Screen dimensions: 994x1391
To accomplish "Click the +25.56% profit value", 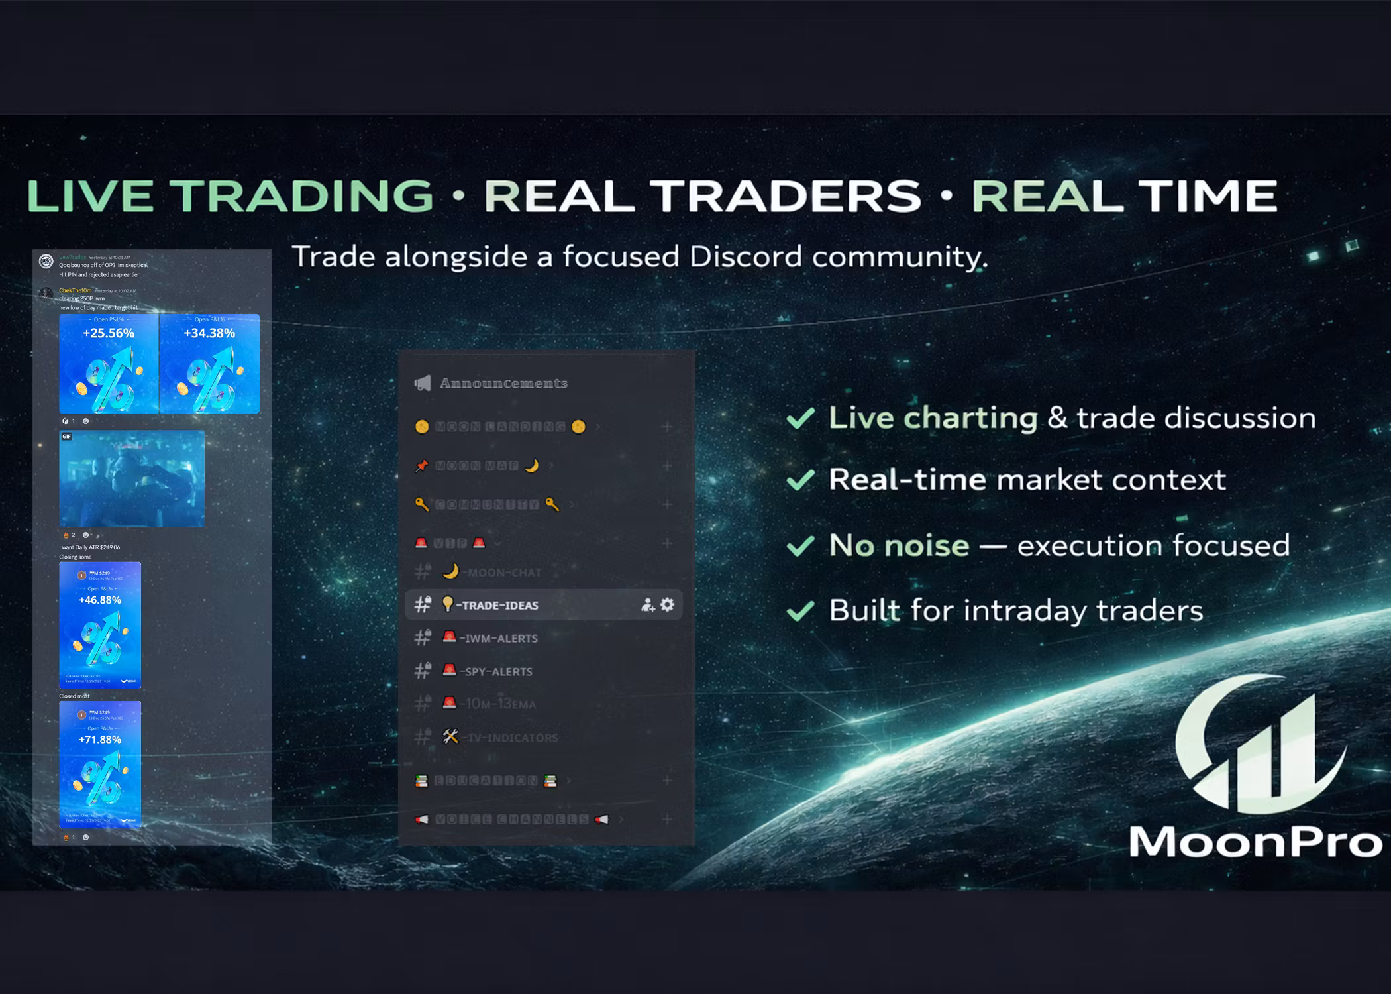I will pos(109,333).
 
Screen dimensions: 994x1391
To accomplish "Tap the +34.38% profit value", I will pos(209,333).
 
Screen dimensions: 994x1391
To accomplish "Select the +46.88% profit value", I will pos(100,600).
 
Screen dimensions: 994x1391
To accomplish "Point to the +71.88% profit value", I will pos(100,740).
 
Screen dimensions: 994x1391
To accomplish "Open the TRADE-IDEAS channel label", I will pos(500,606).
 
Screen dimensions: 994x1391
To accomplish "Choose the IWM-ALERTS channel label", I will pos(501,639).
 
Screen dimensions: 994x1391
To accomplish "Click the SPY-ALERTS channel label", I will pos(498,672).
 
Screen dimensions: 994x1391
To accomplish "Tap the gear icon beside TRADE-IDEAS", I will pos(668,604).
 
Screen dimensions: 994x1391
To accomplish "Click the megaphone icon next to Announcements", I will pos(423,383).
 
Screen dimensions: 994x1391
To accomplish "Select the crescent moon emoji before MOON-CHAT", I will pos(450,571).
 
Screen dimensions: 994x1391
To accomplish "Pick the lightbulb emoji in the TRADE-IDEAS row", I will pos(448,604).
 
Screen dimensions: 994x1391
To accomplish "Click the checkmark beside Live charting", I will pos(800,418).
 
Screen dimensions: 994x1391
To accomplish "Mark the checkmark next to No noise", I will pos(800,546).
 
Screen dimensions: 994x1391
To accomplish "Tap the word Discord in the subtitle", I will pos(746,257).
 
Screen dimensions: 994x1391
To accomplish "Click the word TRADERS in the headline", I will pos(786,196).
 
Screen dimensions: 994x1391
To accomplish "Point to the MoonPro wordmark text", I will pos(1256,842).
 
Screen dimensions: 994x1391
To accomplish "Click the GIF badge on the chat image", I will pos(67,437).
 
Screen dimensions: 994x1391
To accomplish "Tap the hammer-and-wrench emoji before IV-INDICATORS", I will pos(450,736).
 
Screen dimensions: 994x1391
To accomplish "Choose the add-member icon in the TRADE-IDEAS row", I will pos(647,605).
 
